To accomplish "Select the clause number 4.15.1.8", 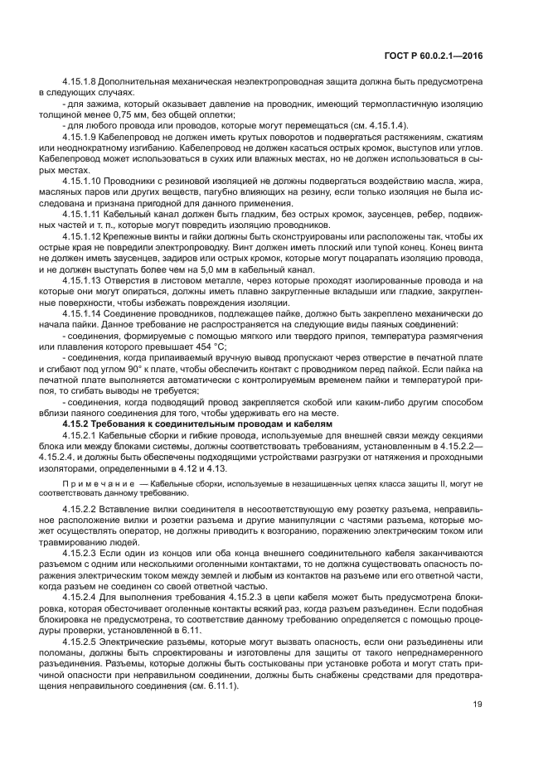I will [x=81, y=82].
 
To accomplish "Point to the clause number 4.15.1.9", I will [x=81, y=135].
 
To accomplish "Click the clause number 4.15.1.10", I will [x=84, y=178].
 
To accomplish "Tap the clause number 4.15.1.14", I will [x=83, y=312].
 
